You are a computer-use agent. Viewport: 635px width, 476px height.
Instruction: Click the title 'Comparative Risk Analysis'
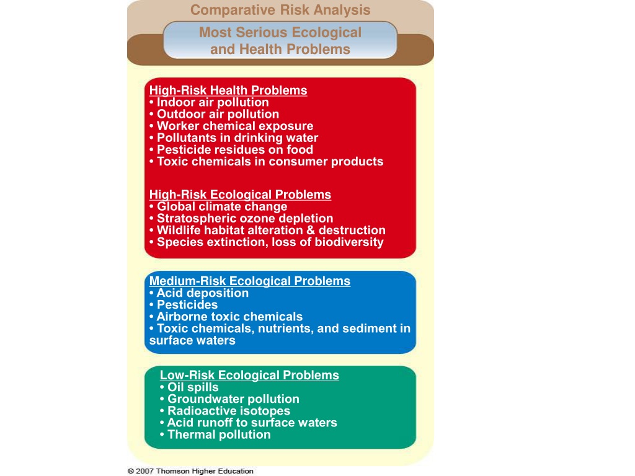280,10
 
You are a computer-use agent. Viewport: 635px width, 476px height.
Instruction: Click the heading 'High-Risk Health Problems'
228,90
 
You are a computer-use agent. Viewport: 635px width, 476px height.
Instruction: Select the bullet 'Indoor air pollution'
209,102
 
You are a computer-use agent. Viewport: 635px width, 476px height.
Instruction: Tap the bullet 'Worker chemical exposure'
231,126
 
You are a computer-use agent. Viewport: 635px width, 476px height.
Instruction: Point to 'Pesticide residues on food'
231,150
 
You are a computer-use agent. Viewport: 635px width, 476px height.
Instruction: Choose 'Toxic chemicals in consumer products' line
266,162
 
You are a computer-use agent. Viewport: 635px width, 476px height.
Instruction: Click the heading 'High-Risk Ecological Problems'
240,195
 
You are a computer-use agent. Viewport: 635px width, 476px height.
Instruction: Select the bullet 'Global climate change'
218,206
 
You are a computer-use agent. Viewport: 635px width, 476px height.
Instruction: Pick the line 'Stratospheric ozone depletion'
241,219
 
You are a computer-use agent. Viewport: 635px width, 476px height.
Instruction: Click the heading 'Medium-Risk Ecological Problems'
249,281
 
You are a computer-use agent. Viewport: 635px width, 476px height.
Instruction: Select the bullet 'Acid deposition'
199,293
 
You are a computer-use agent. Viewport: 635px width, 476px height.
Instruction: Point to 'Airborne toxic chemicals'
226,317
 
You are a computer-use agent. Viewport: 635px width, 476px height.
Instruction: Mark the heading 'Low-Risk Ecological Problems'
249,375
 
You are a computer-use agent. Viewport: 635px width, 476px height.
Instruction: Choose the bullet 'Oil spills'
189,387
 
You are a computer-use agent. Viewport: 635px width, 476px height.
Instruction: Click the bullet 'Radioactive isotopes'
225,411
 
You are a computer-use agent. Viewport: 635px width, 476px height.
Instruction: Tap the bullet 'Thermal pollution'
215,434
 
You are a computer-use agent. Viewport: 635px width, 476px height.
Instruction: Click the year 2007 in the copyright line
145,471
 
